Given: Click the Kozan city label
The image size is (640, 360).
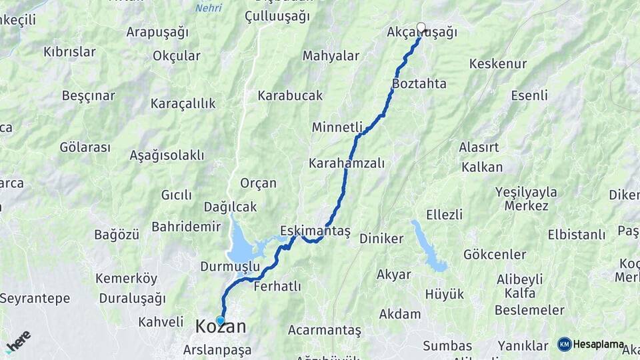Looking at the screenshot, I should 221,327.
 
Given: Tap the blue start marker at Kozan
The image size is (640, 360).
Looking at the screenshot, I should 221,321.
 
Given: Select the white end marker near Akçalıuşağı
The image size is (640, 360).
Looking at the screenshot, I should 421,27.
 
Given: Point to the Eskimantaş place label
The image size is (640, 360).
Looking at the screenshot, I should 315,231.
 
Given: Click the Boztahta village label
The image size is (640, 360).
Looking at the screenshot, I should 419,83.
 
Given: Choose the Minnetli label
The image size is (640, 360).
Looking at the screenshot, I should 337,127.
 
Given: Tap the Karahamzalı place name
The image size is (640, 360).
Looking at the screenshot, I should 347,163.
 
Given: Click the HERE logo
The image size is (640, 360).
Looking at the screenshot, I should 18,341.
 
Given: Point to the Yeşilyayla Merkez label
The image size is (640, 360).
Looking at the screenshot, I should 526,199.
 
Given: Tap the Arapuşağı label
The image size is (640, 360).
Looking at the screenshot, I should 157,32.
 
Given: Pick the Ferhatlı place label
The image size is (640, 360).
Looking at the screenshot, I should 277,287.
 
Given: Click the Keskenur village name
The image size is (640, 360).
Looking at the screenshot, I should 498,64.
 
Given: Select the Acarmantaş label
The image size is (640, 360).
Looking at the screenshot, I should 325,330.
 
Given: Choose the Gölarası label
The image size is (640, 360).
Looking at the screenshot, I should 85,147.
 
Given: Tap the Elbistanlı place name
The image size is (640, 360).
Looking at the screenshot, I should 577,235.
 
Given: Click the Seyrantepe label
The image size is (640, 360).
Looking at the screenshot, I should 35,298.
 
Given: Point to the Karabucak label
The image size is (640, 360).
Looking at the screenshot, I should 290,95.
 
